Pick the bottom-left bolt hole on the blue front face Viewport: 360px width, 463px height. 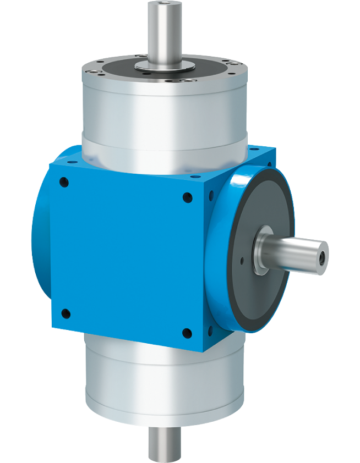point(66,314)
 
